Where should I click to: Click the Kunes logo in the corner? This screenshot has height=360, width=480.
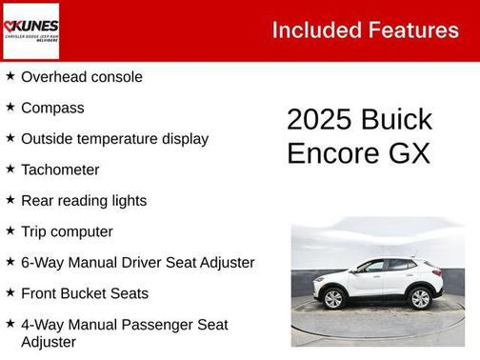click(x=30, y=30)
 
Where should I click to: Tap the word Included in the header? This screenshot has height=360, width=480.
click(x=314, y=30)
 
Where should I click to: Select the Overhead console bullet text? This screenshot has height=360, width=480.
click(x=82, y=77)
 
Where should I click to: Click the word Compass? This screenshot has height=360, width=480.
click(x=52, y=108)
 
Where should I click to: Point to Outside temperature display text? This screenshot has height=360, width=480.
click(x=114, y=138)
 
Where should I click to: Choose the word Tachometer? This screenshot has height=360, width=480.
click(x=60, y=170)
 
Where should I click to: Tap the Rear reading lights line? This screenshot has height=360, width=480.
click(x=84, y=200)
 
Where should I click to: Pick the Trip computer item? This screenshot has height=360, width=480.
click(x=67, y=231)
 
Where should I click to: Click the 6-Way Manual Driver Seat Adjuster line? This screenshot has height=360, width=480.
click(x=137, y=262)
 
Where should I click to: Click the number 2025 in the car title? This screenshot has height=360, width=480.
click(x=319, y=120)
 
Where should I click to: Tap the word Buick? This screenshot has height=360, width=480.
click(x=396, y=120)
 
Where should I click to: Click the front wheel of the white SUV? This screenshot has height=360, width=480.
click(x=420, y=298)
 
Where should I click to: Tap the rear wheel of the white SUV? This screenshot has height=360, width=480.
click(x=333, y=298)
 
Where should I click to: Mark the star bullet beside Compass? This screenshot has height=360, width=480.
click(x=10, y=107)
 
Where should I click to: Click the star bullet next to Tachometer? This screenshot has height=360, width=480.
click(x=10, y=169)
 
